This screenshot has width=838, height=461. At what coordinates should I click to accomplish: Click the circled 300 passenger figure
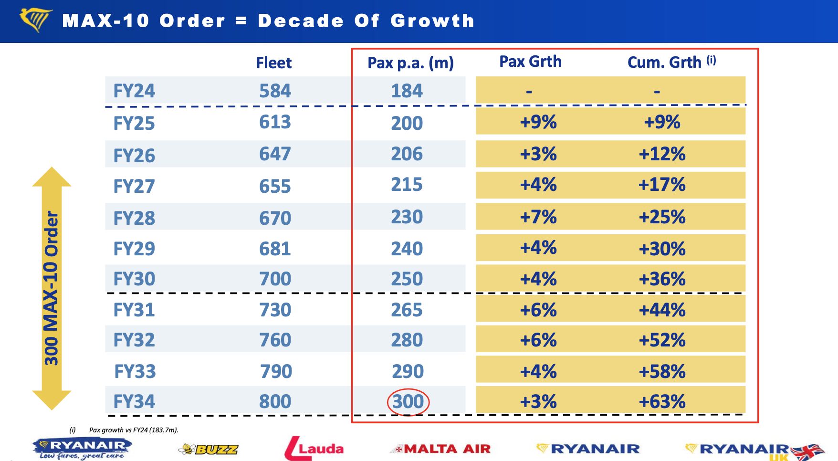click(408, 401)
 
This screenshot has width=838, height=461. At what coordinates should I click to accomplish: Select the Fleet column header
click(273, 63)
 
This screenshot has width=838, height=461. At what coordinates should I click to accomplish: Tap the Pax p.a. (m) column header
click(410, 63)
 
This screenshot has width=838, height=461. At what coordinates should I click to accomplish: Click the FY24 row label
click(134, 91)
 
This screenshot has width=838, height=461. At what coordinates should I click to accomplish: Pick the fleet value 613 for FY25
click(275, 122)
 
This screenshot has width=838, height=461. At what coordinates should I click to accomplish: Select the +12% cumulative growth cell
click(662, 154)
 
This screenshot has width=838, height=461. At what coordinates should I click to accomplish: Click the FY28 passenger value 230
click(407, 217)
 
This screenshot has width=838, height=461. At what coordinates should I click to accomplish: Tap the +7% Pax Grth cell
click(538, 217)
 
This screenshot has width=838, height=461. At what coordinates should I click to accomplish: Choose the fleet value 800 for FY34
click(275, 401)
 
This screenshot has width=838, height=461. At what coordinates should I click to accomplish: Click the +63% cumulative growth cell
click(662, 401)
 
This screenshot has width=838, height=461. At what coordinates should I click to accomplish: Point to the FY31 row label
click(134, 310)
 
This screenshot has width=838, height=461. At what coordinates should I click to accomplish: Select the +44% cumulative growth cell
click(662, 310)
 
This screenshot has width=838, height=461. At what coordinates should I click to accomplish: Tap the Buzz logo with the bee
click(208, 449)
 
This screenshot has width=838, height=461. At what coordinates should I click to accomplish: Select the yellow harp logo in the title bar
click(36, 20)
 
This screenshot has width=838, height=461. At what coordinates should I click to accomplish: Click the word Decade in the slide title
click(301, 21)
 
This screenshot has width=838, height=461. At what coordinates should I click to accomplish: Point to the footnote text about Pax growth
click(133, 430)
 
